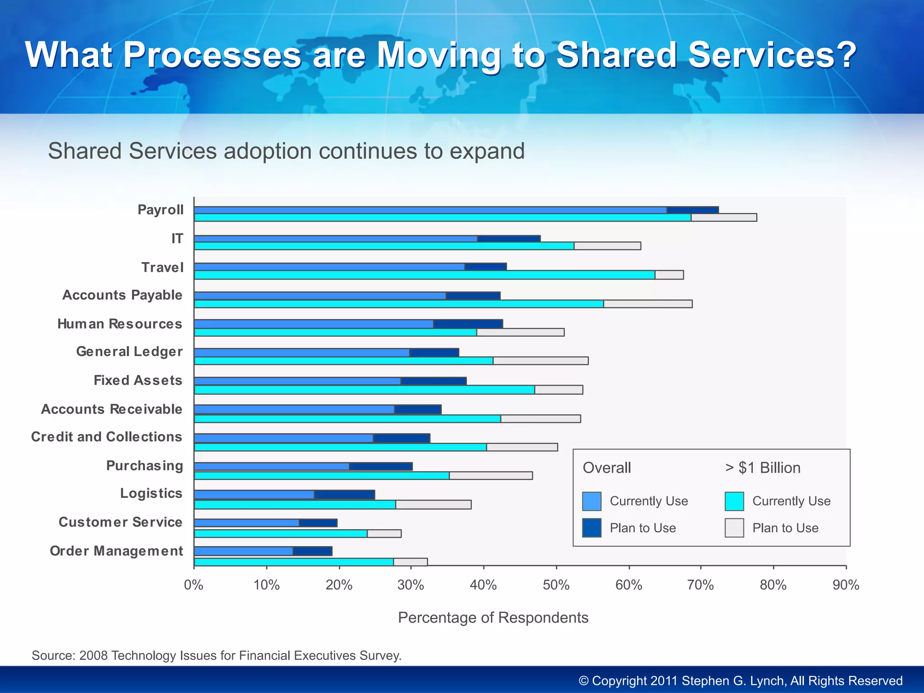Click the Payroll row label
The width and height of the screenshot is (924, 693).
(161, 210)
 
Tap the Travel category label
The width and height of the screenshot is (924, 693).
(162, 268)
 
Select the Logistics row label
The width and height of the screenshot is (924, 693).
(151, 494)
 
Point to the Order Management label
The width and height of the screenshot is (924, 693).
(116, 551)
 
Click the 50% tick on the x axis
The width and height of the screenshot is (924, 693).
(556, 585)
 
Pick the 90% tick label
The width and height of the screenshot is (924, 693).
(845, 585)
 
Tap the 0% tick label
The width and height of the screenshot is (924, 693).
(194, 585)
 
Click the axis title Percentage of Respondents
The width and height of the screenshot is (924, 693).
(493, 618)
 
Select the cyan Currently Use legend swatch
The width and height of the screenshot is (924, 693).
(734, 501)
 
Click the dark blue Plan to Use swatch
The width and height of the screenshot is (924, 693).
(591, 528)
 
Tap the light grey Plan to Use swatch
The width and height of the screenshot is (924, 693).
(734, 528)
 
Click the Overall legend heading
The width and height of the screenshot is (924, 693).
(607, 468)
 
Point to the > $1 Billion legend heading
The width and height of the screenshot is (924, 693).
(763, 468)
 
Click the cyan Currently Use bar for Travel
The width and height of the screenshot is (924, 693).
(424, 275)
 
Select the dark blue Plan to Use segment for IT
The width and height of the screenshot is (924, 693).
(508, 239)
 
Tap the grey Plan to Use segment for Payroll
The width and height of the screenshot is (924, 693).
(724, 217)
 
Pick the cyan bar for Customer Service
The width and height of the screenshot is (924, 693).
(281, 534)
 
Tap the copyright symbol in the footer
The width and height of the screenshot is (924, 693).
(584, 681)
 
